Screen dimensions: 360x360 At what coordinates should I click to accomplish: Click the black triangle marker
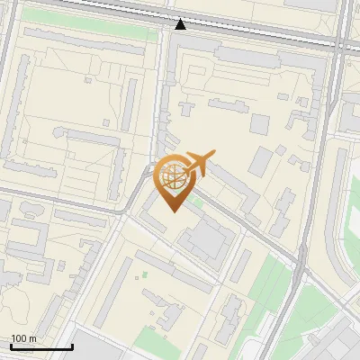(x=180, y=23)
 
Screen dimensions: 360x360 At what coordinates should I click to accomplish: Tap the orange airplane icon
(x=200, y=163)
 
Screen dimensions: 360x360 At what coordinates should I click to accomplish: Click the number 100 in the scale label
(x=19, y=338)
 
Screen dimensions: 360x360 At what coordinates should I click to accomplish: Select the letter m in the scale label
(x=33, y=338)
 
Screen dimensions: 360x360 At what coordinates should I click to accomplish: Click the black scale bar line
(x=40, y=346)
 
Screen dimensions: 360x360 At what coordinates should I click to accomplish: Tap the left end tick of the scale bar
(x=10, y=345)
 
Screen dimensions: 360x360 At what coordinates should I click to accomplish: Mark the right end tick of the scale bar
(x=72, y=345)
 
